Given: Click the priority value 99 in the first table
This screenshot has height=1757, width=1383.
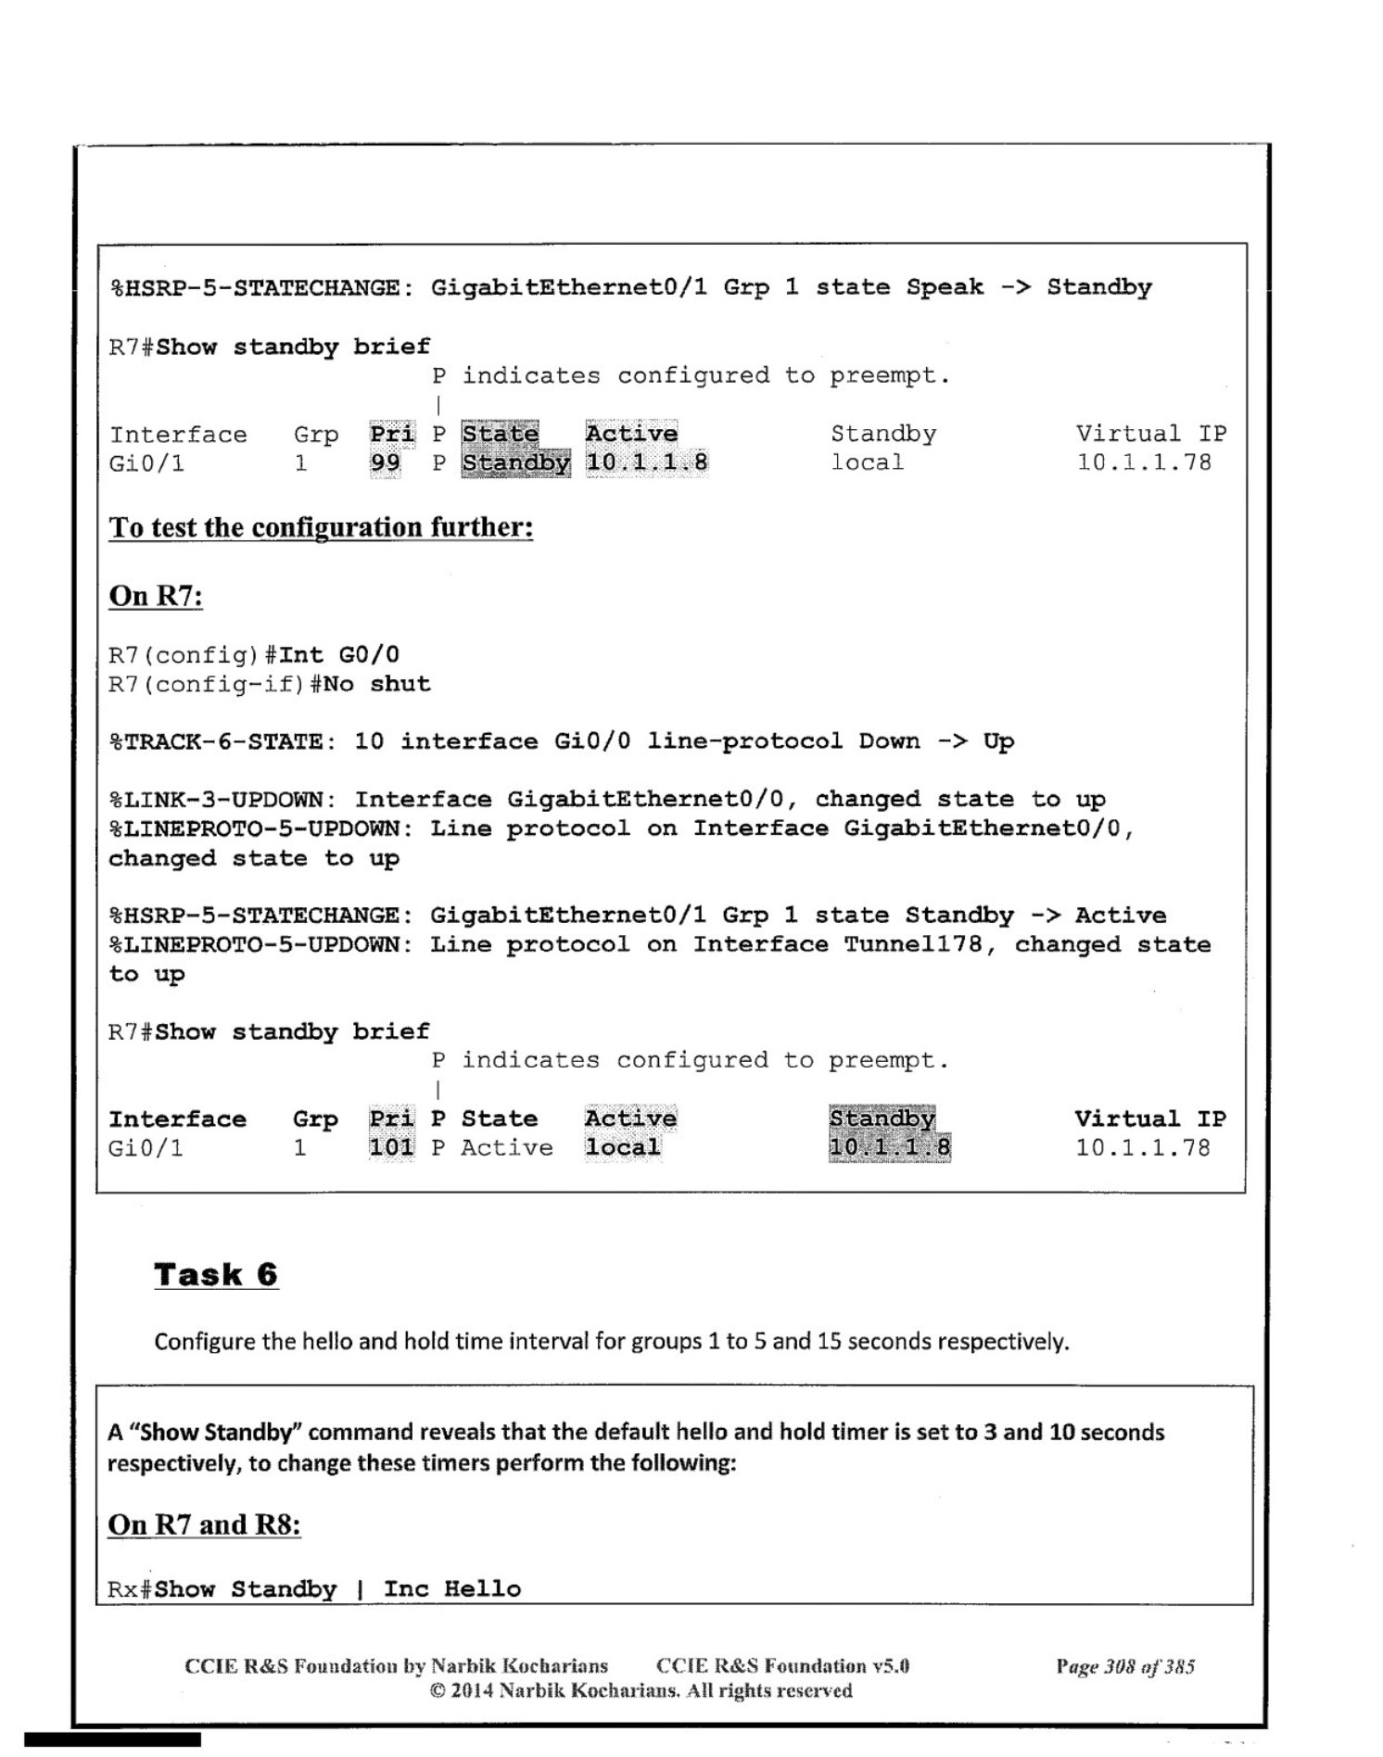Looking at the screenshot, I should pyautogui.click(x=385, y=462).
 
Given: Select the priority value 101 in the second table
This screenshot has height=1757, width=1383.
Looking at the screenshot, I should pyautogui.click(x=391, y=1147).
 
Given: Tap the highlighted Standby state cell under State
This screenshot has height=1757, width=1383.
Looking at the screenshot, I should pyautogui.click(x=515, y=462).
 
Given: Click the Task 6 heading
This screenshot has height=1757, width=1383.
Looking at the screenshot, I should pyautogui.click(x=216, y=1274).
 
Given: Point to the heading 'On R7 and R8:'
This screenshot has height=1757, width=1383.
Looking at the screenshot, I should pyautogui.click(x=204, y=1524).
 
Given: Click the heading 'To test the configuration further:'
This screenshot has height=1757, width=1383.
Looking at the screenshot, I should pyautogui.click(x=321, y=527).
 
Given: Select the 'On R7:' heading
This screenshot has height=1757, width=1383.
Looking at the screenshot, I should pyautogui.click(x=156, y=595).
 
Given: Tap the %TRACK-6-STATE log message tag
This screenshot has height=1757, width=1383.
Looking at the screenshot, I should pyautogui.click(x=216, y=741).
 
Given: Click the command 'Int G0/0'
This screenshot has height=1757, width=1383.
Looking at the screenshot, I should pyautogui.click(x=339, y=655).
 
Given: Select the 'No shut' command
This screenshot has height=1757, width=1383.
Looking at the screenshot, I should pyautogui.click(x=377, y=684).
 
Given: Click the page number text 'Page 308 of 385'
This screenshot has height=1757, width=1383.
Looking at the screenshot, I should pyautogui.click(x=1124, y=1666).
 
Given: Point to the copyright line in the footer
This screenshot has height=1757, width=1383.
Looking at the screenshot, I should pyautogui.click(x=641, y=1690).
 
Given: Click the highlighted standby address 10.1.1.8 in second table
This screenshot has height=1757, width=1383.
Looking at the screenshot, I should pyautogui.click(x=889, y=1147).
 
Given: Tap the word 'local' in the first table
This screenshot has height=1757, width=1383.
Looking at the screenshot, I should pyautogui.click(x=867, y=462).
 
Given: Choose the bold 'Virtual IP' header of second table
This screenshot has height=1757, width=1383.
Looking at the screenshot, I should pyautogui.click(x=1149, y=1119).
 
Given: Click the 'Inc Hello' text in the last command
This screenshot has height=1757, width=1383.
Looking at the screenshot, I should pyautogui.click(x=452, y=1588).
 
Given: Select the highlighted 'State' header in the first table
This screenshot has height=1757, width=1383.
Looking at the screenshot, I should pyautogui.click(x=500, y=434).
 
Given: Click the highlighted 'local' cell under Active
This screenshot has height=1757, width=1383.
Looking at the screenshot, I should pyautogui.click(x=623, y=1147).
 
